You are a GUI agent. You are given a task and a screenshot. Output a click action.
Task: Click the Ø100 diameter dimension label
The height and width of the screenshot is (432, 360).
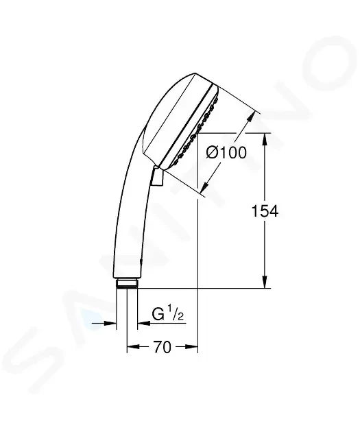226,152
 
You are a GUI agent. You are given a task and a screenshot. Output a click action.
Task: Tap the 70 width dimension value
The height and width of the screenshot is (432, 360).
162,348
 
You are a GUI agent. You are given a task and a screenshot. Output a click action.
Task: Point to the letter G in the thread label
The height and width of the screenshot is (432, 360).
158,315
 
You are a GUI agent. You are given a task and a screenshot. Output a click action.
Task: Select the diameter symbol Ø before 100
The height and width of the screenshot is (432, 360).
213,152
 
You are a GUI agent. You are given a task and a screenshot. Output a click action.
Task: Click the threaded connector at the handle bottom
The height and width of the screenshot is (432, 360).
127,283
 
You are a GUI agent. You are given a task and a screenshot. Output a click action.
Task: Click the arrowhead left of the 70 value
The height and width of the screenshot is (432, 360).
132,348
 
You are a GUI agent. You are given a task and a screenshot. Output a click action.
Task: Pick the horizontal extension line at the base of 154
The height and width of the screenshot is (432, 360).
206,289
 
